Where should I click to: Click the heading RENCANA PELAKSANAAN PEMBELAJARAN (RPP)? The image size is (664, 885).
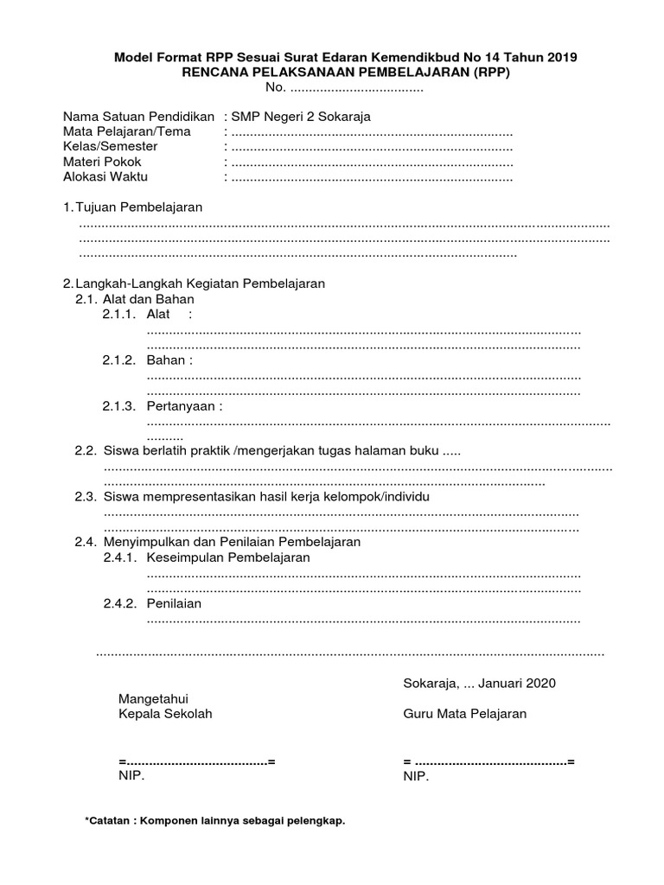pos(346,73)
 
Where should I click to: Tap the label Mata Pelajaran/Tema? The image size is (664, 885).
pos(127,132)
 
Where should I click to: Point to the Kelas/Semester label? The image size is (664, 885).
pos(111,147)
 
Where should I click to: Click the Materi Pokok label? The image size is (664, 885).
pos(102,162)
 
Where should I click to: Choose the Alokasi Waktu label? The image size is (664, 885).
pos(105,176)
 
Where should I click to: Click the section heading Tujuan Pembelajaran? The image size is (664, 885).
pos(138,207)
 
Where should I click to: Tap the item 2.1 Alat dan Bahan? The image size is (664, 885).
pos(148,298)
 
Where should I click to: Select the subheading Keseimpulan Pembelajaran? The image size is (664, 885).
pos(228,557)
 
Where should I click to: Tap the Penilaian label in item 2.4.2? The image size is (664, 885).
pos(174,603)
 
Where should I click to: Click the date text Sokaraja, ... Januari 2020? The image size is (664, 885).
pos(480,683)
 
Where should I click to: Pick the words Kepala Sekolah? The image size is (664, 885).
pos(164,714)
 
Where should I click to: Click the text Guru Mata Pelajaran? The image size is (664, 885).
pos(464,714)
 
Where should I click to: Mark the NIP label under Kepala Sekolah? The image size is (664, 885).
pos(131,776)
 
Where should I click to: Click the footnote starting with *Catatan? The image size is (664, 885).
pos(214,820)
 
